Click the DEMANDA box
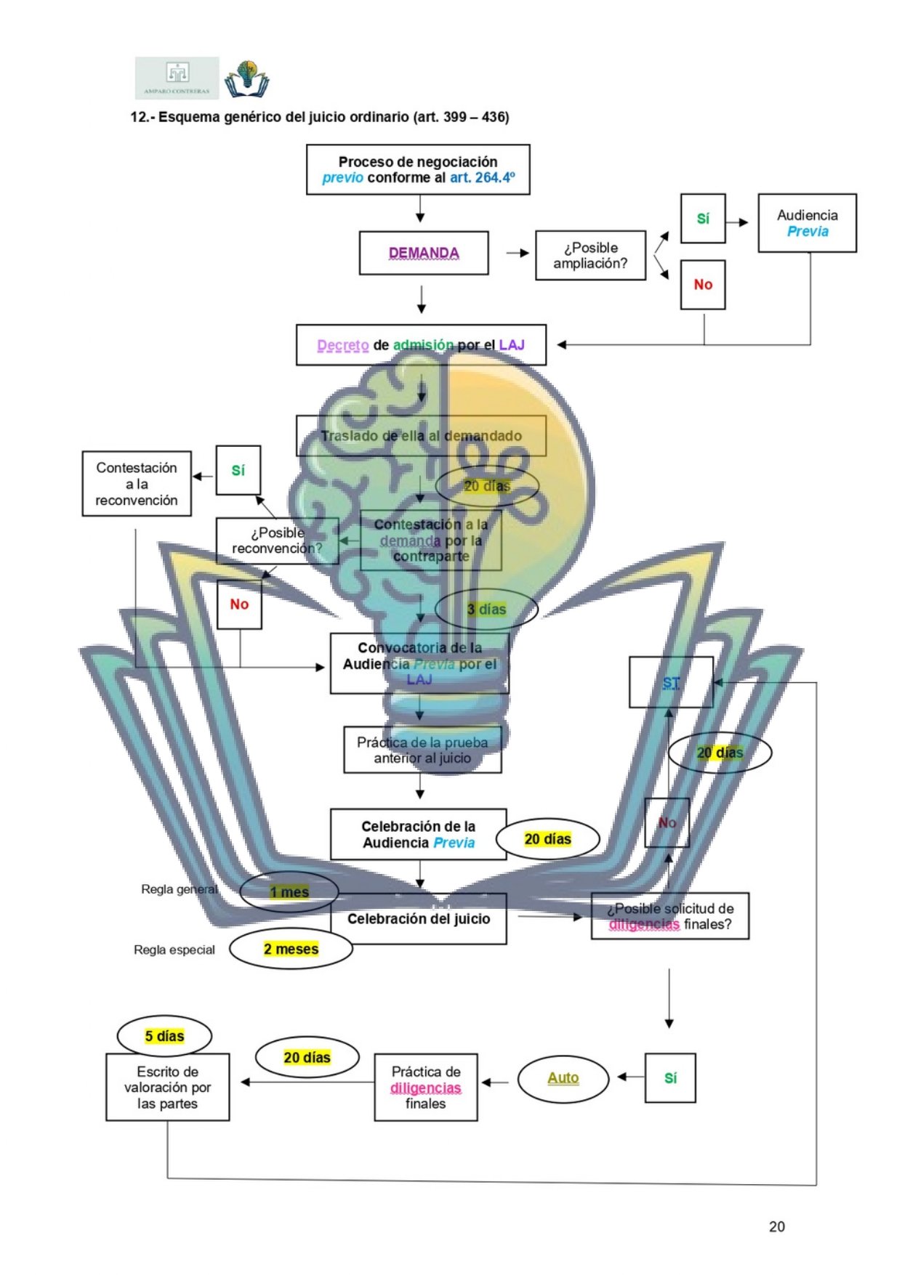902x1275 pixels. click(x=424, y=253)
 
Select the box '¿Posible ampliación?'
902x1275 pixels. click(x=590, y=256)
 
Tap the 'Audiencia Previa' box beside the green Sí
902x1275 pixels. click(x=807, y=223)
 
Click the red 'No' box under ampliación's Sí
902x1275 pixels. click(x=703, y=285)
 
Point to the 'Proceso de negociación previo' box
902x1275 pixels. click(x=418, y=169)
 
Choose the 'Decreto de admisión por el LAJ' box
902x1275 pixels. click(x=421, y=345)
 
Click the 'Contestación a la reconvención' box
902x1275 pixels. click(x=137, y=484)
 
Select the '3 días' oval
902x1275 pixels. click(x=486, y=610)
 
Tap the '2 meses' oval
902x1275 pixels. click(x=291, y=949)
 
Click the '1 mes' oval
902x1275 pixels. click(x=289, y=891)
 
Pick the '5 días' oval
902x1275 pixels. click(x=164, y=1036)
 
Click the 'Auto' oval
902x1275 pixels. click(x=563, y=1078)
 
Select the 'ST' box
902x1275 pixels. click(x=671, y=682)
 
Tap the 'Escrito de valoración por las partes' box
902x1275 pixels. click(x=167, y=1087)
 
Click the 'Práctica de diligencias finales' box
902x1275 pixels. click(x=426, y=1087)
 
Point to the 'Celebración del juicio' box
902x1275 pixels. click(x=419, y=919)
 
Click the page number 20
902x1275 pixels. click(x=776, y=1226)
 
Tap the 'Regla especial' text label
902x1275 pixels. click(x=174, y=950)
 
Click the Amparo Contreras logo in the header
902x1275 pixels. click(x=177, y=78)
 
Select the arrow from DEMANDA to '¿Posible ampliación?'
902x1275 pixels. click(x=518, y=253)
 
